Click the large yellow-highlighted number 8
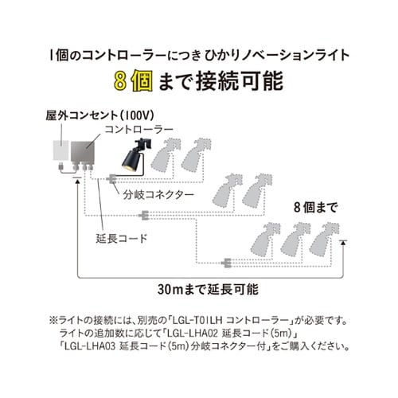point(120,81)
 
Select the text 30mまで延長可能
point(208,288)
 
